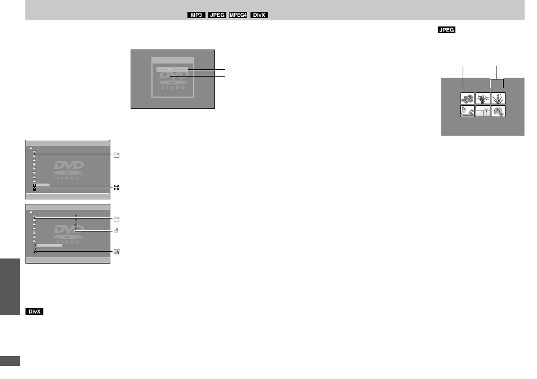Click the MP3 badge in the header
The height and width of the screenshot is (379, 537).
coord(196,15)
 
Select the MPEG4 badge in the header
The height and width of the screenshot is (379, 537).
coord(238,15)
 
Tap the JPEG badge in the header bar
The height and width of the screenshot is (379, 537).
coord(217,15)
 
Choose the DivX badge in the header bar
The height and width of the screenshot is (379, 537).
coord(259,15)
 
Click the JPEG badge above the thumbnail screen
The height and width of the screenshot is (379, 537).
coord(446,30)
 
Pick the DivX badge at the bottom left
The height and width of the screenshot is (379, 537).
coord(34,311)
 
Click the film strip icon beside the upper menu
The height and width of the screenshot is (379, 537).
coord(117,188)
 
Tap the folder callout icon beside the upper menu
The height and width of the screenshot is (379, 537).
coord(117,155)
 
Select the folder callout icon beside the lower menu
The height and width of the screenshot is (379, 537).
coord(117,219)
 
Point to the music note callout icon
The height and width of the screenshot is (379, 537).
coord(117,231)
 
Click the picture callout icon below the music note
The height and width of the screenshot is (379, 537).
coord(117,252)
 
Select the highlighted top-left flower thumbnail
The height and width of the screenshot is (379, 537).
coord(467,99)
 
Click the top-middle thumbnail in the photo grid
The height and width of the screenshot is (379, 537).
coord(483,99)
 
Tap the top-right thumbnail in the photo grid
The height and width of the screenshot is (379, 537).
coord(498,99)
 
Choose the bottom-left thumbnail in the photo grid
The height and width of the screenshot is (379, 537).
coord(467,112)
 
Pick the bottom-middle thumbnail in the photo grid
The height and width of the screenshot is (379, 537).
coord(483,112)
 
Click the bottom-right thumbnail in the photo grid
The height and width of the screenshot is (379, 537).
coord(498,112)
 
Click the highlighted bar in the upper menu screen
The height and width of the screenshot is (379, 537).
coord(43,185)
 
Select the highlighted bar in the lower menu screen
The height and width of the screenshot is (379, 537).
coord(50,246)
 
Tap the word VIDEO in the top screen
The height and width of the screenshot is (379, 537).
coord(173,88)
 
